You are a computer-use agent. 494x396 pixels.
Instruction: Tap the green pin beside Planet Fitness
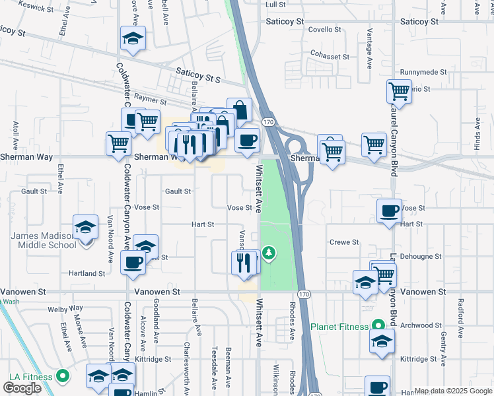click(377, 325)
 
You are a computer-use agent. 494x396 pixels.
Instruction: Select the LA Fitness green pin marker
click(63, 377)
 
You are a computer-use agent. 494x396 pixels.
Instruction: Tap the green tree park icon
click(269, 251)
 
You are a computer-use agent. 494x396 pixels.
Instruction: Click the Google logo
click(22, 388)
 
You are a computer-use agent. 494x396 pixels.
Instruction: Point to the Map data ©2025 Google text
click(452, 391)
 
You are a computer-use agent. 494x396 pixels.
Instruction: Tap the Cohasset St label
click(330, 57)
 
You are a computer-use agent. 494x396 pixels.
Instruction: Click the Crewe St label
click(344, 242)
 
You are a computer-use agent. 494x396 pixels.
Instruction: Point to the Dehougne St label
click(420, 256)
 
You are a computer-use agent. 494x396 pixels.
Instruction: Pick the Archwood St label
click(421, 325)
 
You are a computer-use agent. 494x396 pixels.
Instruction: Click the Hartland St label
click(87, 273)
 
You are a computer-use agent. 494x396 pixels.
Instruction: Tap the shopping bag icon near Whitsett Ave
click(239, 110)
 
